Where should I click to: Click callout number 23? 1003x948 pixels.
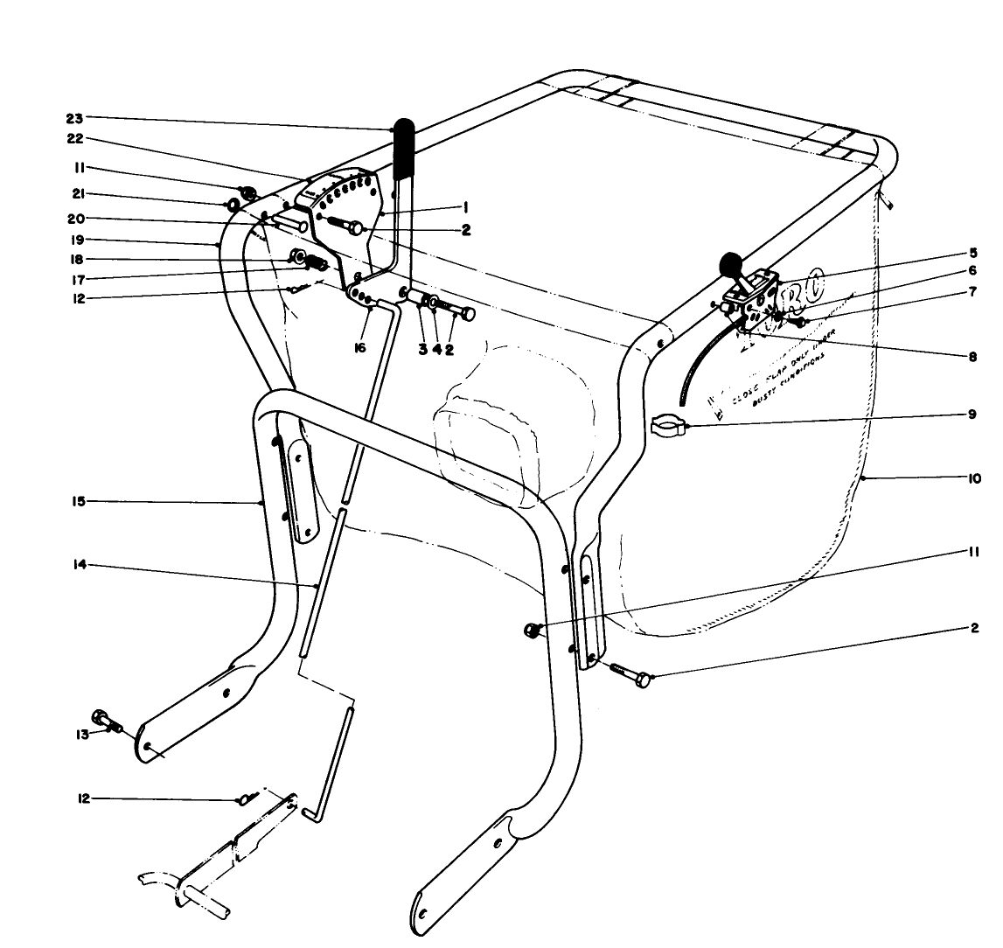coord(73,117)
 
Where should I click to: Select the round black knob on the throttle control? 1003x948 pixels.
coord(729,262)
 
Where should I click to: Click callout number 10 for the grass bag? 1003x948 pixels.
coord(973,478)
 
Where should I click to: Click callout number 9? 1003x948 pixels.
coord(972,415)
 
